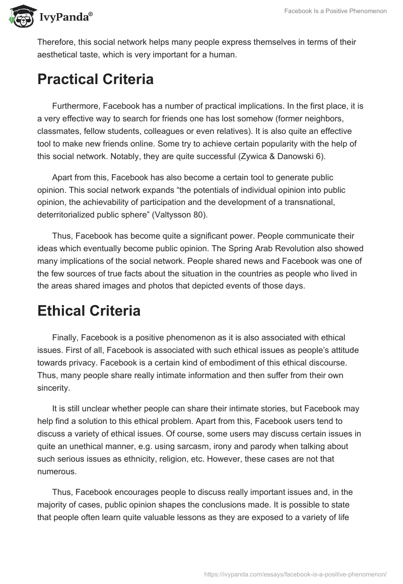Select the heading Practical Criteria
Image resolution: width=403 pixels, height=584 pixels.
click(x=95, y=79)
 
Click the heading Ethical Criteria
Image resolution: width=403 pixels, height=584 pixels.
click(x=89, y=311)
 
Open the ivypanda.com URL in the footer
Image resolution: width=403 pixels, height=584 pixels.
click(x=295, y=573)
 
